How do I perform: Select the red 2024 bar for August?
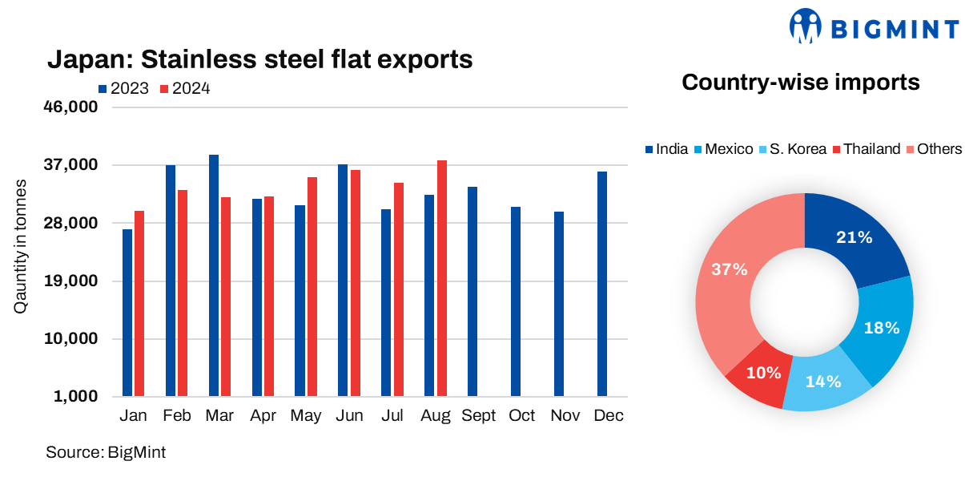(x=441, y=278)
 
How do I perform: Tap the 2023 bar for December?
(x=601, y=284)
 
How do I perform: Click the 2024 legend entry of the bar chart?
(x=185, y=89)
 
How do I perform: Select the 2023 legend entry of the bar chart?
(x=123, y=89)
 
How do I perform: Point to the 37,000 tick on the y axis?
(x=70, y=166)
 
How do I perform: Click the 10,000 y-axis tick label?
(x=70, y=339)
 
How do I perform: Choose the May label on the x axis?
(x=306, y=416)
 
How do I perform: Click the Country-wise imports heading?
(x=800, y=82)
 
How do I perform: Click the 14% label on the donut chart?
(x=822, y=382)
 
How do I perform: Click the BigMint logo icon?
(x=806, y=26)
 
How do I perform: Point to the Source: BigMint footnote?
(x=106, y=452)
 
